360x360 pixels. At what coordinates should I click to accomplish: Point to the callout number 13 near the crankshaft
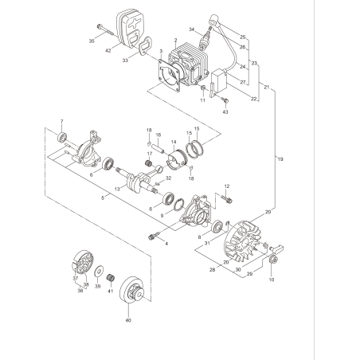(x=117, y=189)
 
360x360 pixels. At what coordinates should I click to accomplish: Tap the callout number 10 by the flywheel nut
(x=271, y=280)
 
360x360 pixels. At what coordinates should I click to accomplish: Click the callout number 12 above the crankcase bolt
(x=227, y=186)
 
